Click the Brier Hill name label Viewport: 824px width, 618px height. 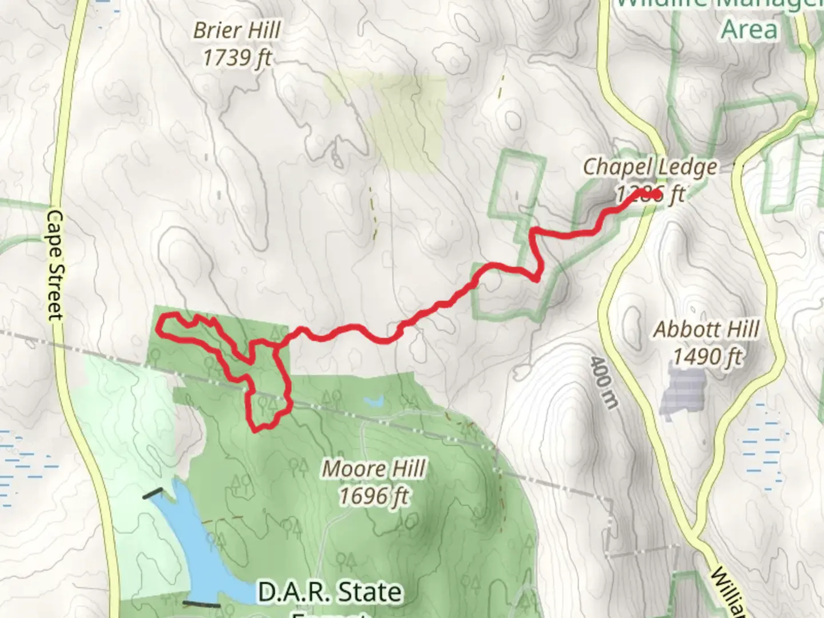[237, 30]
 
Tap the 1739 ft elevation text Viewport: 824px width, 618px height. [237, 57]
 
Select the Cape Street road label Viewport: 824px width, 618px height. [54, 264]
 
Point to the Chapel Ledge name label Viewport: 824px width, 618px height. [649, 167]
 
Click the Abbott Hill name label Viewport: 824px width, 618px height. [706, 330]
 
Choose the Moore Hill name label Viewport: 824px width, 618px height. [374, 469]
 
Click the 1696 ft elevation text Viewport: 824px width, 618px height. [374, 496]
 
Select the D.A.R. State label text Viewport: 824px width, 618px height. [330, 592]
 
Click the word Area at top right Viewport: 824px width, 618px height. [750, 30]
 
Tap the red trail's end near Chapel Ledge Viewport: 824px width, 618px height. [654, 195]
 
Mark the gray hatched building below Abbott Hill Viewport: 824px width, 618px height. [683, 391]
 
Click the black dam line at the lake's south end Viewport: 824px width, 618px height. [201, 603]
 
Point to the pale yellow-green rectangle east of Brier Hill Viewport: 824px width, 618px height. [401, 120]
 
